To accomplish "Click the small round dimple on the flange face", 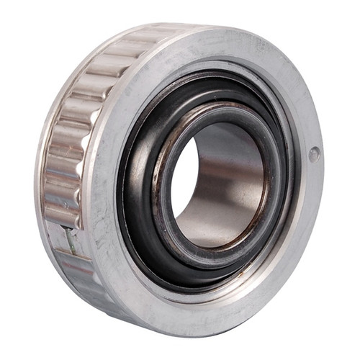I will click(314, 153).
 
